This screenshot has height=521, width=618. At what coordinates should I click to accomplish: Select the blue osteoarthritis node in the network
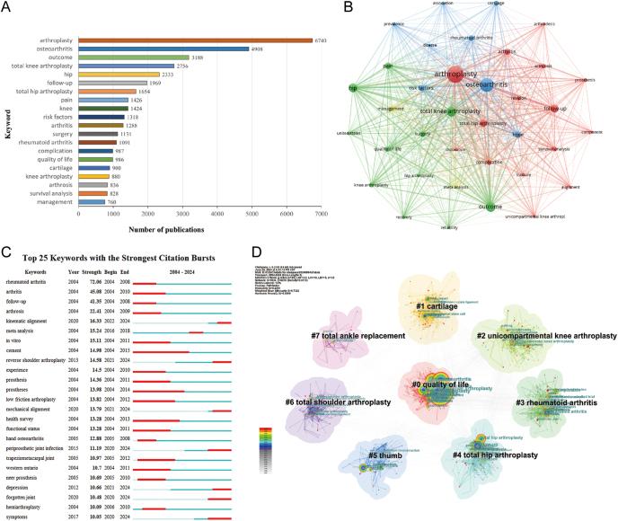pos(485,87)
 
